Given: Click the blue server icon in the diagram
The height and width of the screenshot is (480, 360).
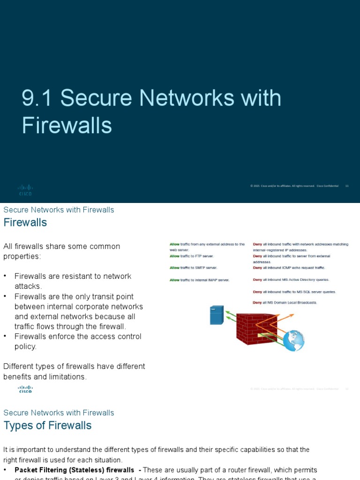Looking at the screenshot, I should click(x=217, y=315).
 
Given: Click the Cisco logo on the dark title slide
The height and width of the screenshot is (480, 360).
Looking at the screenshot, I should click(x=25, y=190).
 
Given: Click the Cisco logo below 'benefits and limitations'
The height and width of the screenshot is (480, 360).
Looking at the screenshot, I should click(x=25, y=389).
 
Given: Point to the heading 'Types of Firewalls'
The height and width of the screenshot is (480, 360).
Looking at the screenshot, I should click(x=47, y=426).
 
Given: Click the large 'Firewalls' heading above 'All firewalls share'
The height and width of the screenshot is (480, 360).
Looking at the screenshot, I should click(x=25, y=223).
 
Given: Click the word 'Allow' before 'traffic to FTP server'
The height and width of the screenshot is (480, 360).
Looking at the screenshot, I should click(x=174, y=256).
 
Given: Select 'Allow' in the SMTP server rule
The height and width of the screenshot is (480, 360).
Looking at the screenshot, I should click(x=174, y=268).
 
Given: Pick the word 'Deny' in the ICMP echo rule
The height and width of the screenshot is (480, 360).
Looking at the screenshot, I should click(x=257, y=268).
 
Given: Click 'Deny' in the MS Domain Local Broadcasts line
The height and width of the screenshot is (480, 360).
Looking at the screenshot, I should click(x=257, y=303).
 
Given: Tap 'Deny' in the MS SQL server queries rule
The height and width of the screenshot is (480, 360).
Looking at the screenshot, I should click(x=257, y=292).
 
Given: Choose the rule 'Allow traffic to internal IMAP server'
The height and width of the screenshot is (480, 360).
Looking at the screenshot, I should click(x=199, y=280).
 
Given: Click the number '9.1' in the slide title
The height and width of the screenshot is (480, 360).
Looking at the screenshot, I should click(x=37, y=98).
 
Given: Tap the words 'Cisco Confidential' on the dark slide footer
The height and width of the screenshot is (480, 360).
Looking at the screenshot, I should click(x=327, y=186).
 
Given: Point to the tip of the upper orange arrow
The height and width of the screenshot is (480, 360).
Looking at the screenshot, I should click(x=294, y=314).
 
